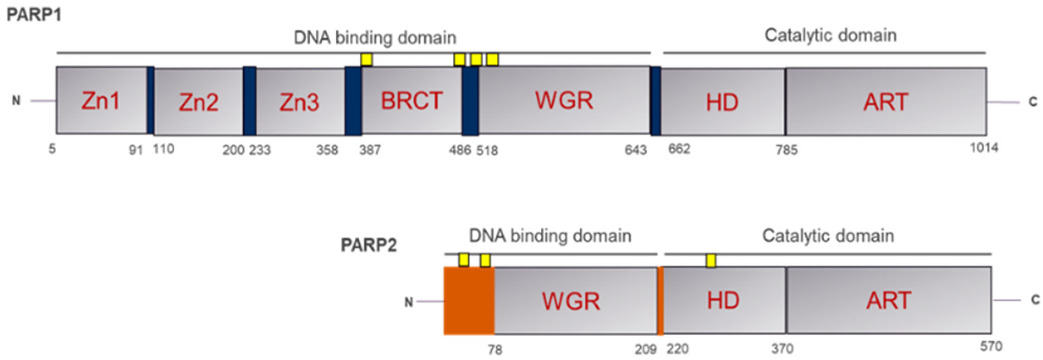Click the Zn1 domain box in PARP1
(101, 101)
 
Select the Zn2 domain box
(199, 102)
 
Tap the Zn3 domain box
(300, 102)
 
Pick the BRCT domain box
(411, 101)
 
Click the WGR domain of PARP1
(564, 101)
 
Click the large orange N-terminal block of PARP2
(469, 301)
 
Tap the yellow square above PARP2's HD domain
(711, 260)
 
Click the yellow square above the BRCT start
(366, 60)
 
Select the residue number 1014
(984, 148)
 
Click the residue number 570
(991, 347)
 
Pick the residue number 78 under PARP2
(495, 349)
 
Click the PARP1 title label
(34, 15)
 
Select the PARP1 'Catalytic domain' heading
(830, 36)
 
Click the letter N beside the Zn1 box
(16, 101)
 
